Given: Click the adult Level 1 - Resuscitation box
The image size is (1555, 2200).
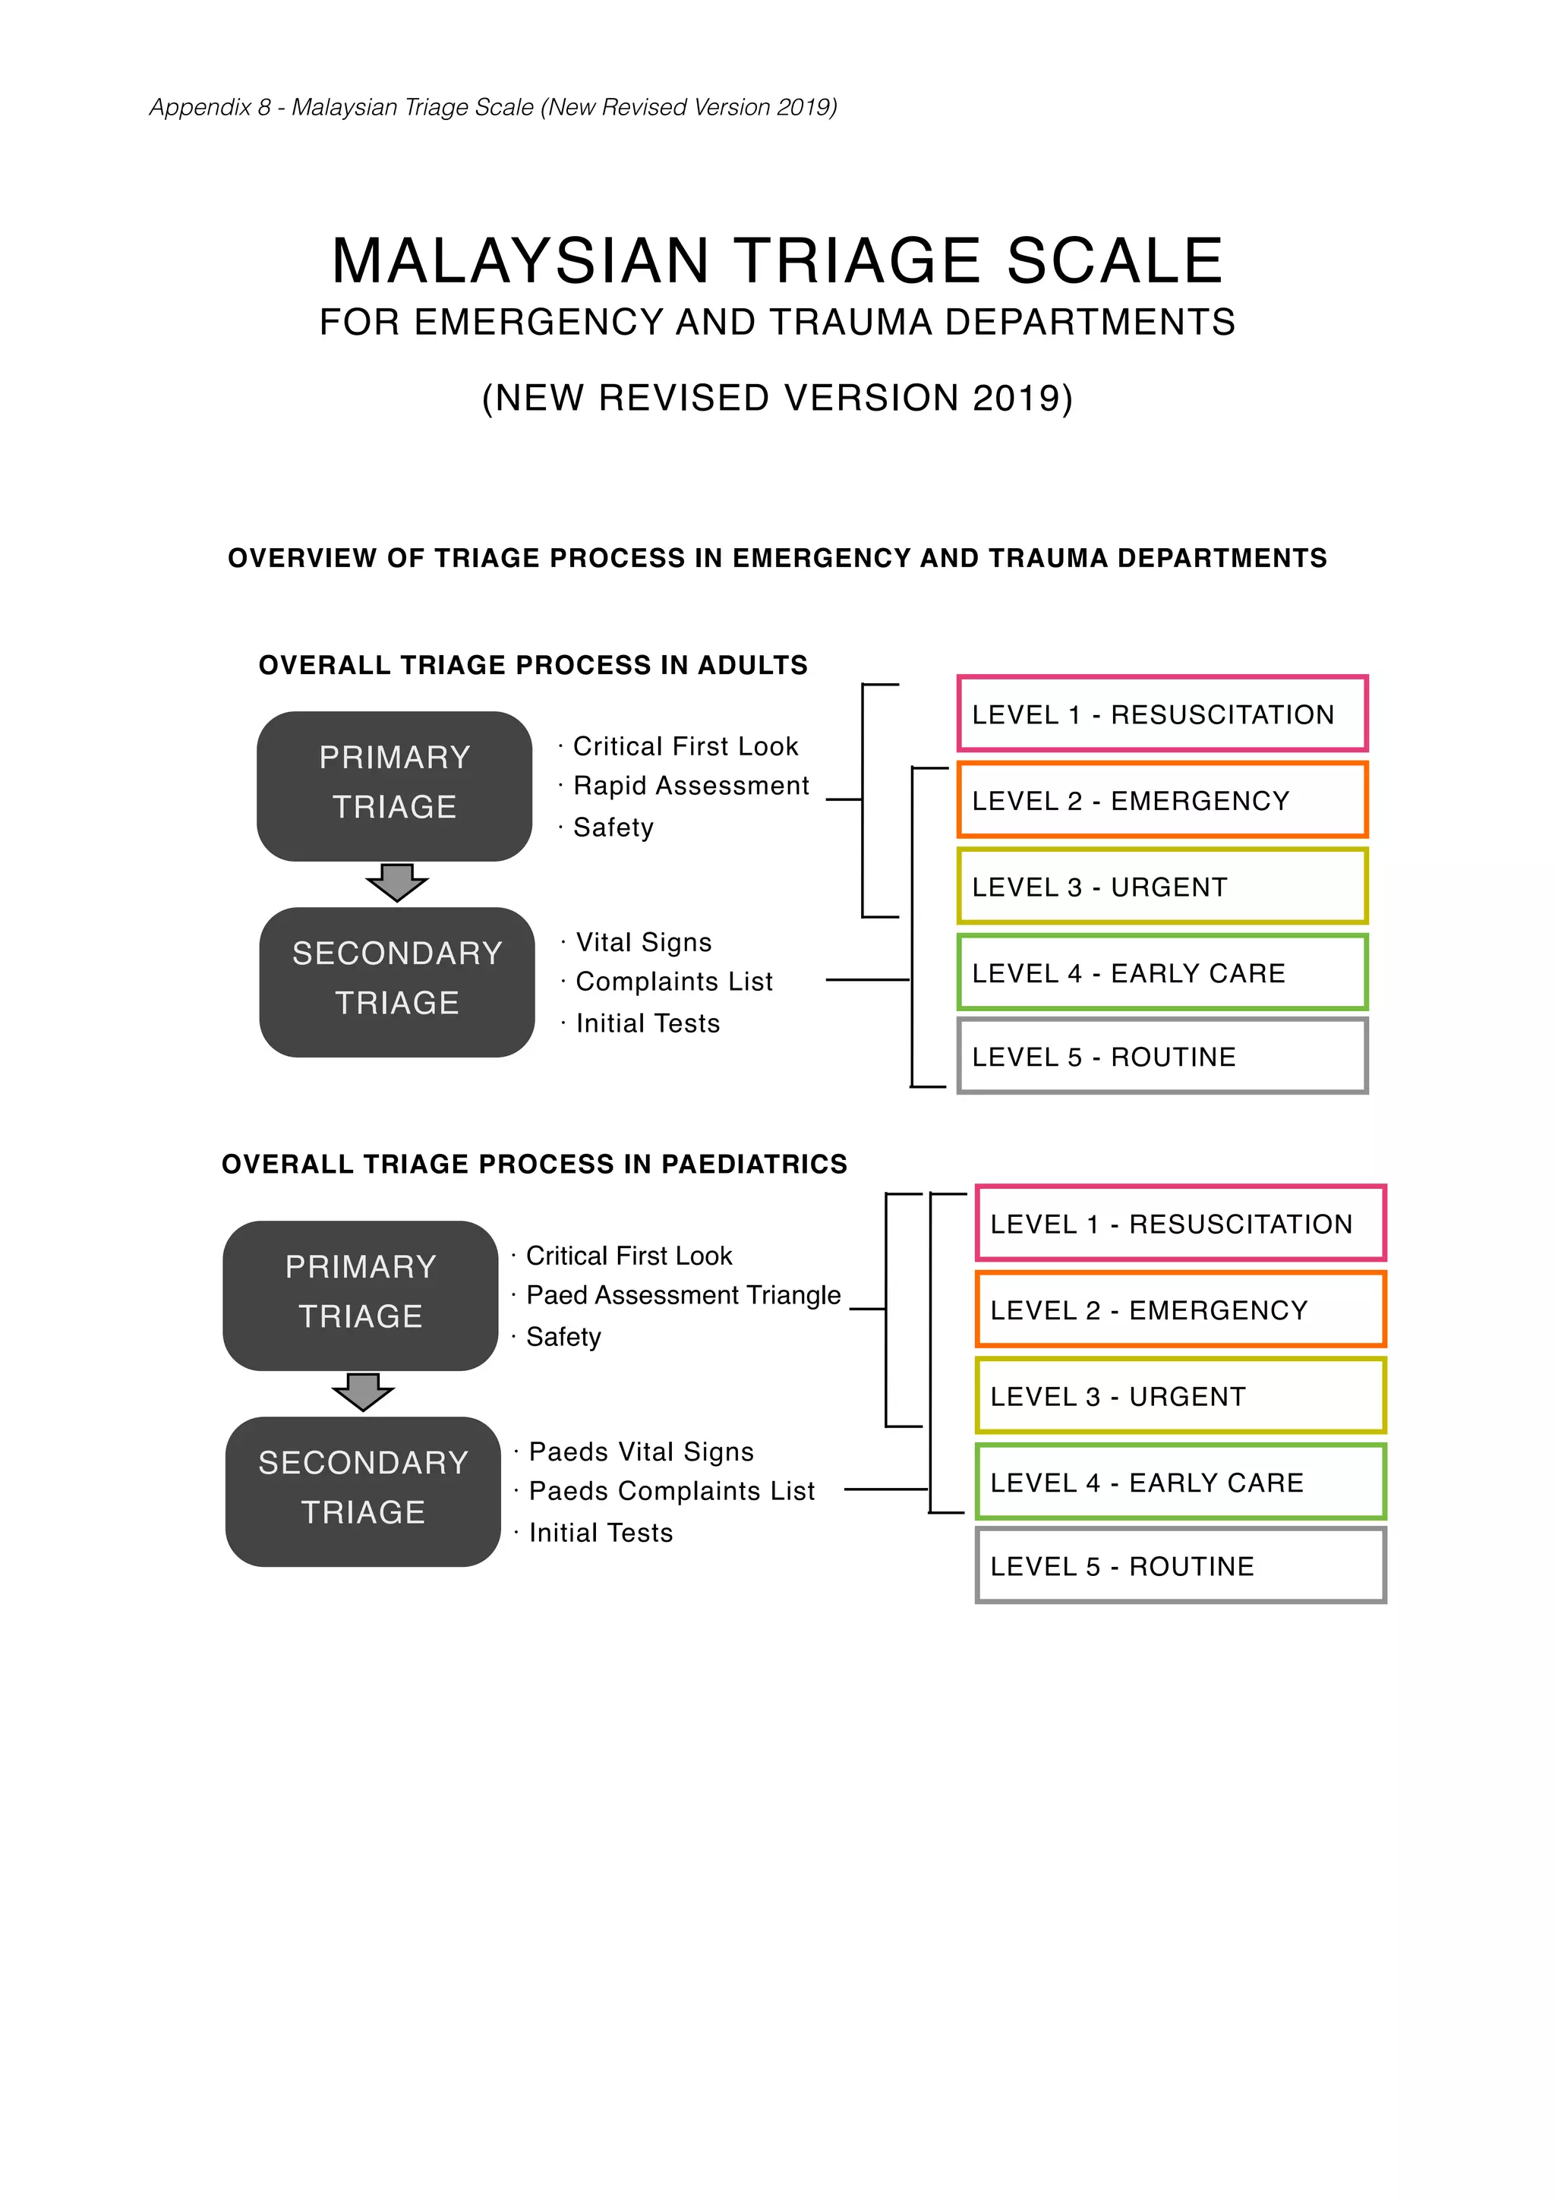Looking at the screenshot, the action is coord(1161,714).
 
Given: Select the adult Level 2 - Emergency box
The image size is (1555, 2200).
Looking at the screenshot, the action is coord(1161,800).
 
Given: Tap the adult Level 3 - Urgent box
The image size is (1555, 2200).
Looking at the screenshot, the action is coord(1161,887).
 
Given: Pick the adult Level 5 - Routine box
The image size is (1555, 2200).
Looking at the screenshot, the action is coord(1161,1056).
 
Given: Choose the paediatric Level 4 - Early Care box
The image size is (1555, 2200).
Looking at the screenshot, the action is coord(1179,1483).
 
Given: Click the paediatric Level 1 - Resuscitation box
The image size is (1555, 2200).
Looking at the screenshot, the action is coord(1179,1224).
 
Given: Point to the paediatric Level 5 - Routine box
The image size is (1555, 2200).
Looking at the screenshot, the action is coord(1179,1565).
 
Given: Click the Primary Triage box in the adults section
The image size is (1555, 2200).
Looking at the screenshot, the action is coord(395,786).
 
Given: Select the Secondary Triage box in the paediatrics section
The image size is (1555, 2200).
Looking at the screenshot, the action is coord(363,1491).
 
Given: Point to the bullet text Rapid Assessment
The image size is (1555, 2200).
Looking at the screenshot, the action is coord(691,786).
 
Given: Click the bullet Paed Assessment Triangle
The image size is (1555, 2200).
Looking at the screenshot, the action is coord(683,1295).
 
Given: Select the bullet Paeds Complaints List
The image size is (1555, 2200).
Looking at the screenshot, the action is coord(672,1491).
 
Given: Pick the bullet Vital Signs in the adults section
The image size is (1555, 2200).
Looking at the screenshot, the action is coord(644,943).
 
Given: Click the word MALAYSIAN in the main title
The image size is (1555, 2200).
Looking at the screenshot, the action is coord(520,262).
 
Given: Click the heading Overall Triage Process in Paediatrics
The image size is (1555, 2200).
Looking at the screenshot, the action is coord(535,1165).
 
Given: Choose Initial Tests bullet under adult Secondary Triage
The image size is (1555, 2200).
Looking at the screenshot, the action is coord(648,1023).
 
